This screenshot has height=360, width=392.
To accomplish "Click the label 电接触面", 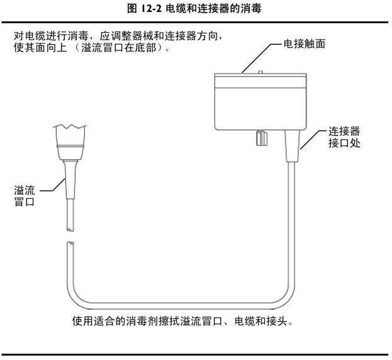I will (x=305, y=45).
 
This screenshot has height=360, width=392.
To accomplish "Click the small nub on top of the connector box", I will (x=260, y=72).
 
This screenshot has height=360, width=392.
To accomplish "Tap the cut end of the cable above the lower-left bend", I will (x=70, y=242).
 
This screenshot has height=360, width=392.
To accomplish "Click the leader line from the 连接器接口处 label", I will (x=313, y=140).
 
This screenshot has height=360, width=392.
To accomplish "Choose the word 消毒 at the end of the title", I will (x=251, y=9).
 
